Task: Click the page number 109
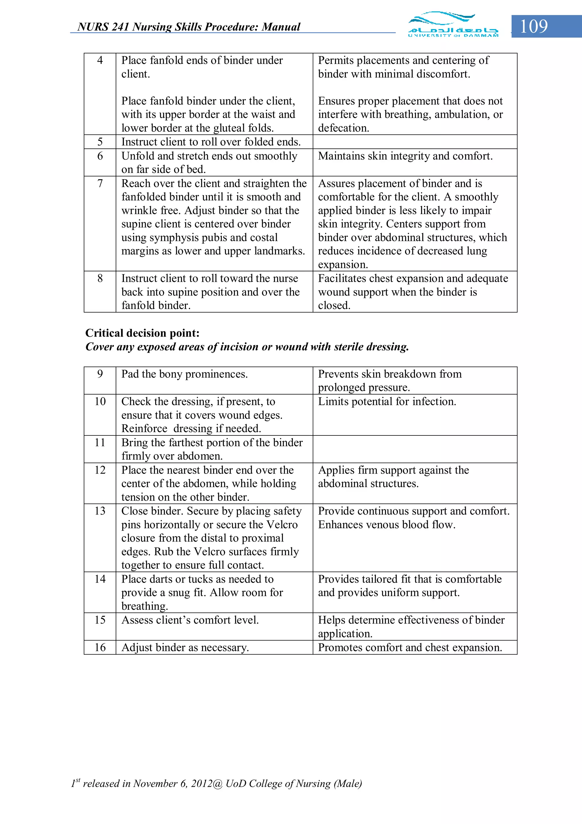click(534, 26)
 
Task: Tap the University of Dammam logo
click(453, 24)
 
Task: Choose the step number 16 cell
click(100, 647)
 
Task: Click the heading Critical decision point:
click(142, 333)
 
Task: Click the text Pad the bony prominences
click(184, 374)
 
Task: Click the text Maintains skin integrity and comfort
click(405, 156)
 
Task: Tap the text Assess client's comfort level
click(190, 620)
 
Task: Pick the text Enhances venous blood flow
click(386, 525)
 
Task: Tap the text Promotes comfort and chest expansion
click(410, 647)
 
